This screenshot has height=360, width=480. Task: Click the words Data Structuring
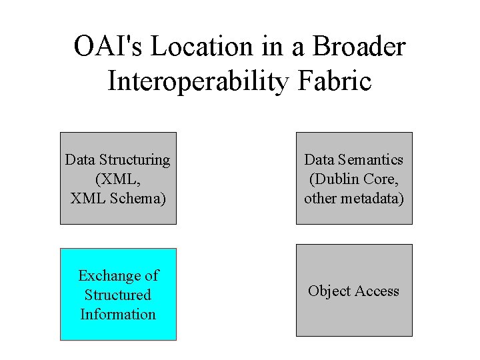click(x=117, y=159)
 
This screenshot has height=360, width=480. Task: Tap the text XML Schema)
click(x=117, y=198)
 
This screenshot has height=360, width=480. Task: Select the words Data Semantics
click(x=354, y=159)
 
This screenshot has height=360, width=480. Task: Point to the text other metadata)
click(x=354, y=198)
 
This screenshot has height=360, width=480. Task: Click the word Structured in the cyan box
click(x=118, y=295)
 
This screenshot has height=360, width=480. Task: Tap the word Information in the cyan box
click(x=118, y=314)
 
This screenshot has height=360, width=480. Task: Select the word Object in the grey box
click(x=329, y=291)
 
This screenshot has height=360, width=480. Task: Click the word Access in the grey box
click(x=377, y=291)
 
